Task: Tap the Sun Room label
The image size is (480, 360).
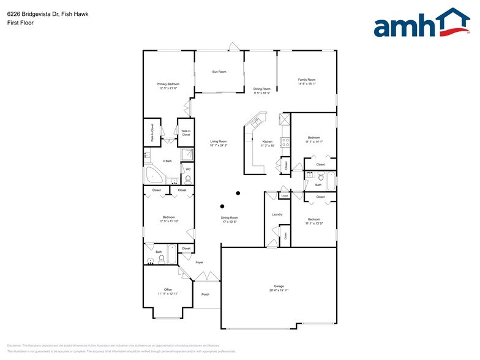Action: pyautogui.click(x=219, y=72)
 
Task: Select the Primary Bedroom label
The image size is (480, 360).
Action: pyautogui.click(x=168, y=84)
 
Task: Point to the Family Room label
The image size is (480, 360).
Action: pyautogui.click(x=307, y=80)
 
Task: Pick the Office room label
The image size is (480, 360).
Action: pyautogui.click(x=168, y=290)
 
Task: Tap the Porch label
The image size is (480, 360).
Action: pyautogui.click(x=206, y=294)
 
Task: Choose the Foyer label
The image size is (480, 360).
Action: pyautogui.click(x=199, y=262)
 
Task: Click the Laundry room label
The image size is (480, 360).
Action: pyautogui.click(x=277, y=214)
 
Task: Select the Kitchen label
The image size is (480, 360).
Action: pyautogui.click(x=268, y=141)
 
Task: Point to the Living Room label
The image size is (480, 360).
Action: pyautogui.click(x=219, y=141)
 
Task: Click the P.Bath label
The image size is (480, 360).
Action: pyautogui.click(x=167, y=161)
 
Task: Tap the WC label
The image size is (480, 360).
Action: pyautogui.click(x=189, y=169)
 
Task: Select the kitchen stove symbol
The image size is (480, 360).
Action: pyautogui.click(x=285, y=142)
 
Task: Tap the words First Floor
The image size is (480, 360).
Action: pyautogui.click(x=21, y=23)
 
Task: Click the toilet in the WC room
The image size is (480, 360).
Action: pyautogui.click(x=188, y=179)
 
